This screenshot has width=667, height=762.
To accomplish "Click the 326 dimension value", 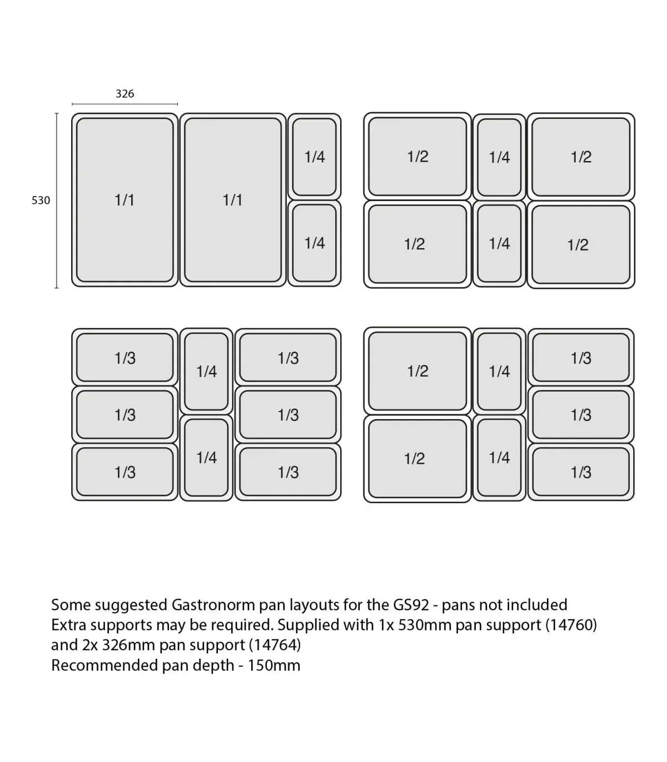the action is (125, 93).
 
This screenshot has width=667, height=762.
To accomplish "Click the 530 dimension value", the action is (41, 200).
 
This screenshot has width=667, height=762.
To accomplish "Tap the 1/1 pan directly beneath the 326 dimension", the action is (125, 200).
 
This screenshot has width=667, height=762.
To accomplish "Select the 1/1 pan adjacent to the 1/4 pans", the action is (233, 200).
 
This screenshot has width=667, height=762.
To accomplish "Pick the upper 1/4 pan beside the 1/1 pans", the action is (315, 157).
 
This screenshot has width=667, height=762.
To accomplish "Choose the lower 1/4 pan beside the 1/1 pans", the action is (315, 243).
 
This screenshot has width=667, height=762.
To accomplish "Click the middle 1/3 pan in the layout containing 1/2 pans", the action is (581, 414).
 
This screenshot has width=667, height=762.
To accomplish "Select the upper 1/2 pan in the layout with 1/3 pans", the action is (417, 371).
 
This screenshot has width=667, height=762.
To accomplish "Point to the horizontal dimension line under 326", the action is (125, 104).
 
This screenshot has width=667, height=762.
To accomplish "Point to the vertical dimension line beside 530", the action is (57, 200).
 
